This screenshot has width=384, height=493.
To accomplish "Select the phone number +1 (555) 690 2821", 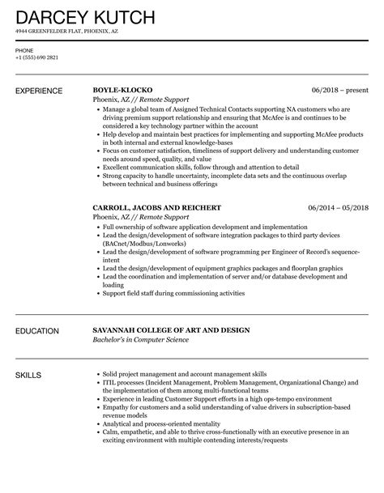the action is coord(37,58).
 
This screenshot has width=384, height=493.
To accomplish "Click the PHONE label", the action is coord(25,50).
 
